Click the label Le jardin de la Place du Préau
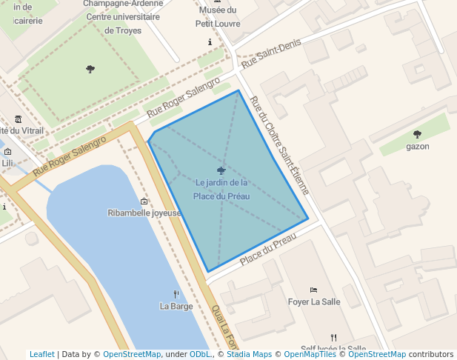(221, 190)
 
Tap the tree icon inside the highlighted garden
(221, 170)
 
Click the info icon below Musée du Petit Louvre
(210, 42)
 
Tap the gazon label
(417, 146)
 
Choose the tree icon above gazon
(417, 134)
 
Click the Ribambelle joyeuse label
(144, 213)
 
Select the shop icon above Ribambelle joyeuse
(144, 201)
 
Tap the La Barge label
(176, 306)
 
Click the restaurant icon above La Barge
(176, 293)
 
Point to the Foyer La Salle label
(313, 301)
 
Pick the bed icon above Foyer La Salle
(313, 290)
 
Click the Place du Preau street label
(267, 250)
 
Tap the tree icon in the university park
(90, 69)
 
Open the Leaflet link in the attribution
(42, 354)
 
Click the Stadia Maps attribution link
(248, 354)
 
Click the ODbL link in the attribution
(201, 354)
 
